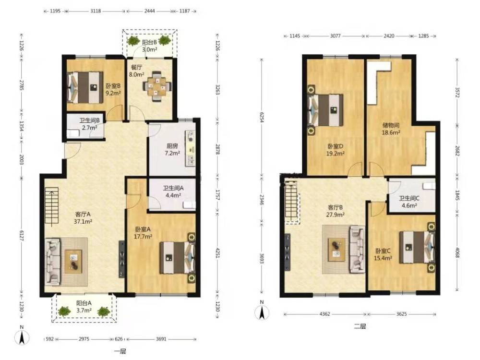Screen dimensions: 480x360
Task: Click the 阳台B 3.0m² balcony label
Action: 149,45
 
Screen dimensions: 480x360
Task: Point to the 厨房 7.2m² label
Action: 172,149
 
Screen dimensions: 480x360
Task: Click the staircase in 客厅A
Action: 52,207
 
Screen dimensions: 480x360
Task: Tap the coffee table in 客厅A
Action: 73,261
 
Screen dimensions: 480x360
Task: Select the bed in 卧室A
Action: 178,258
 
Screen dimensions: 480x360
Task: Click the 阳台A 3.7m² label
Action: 84,307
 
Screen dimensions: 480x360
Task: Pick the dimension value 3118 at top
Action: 96,11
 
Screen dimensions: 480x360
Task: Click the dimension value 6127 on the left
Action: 22,235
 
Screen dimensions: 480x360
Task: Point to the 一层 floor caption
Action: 120,351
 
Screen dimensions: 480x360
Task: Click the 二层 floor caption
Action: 360,326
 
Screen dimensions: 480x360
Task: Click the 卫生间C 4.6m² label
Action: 409,202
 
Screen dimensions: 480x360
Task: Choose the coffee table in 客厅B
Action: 336,250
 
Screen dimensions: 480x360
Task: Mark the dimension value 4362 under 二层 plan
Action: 325,314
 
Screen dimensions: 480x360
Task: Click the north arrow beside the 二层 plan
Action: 262,312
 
